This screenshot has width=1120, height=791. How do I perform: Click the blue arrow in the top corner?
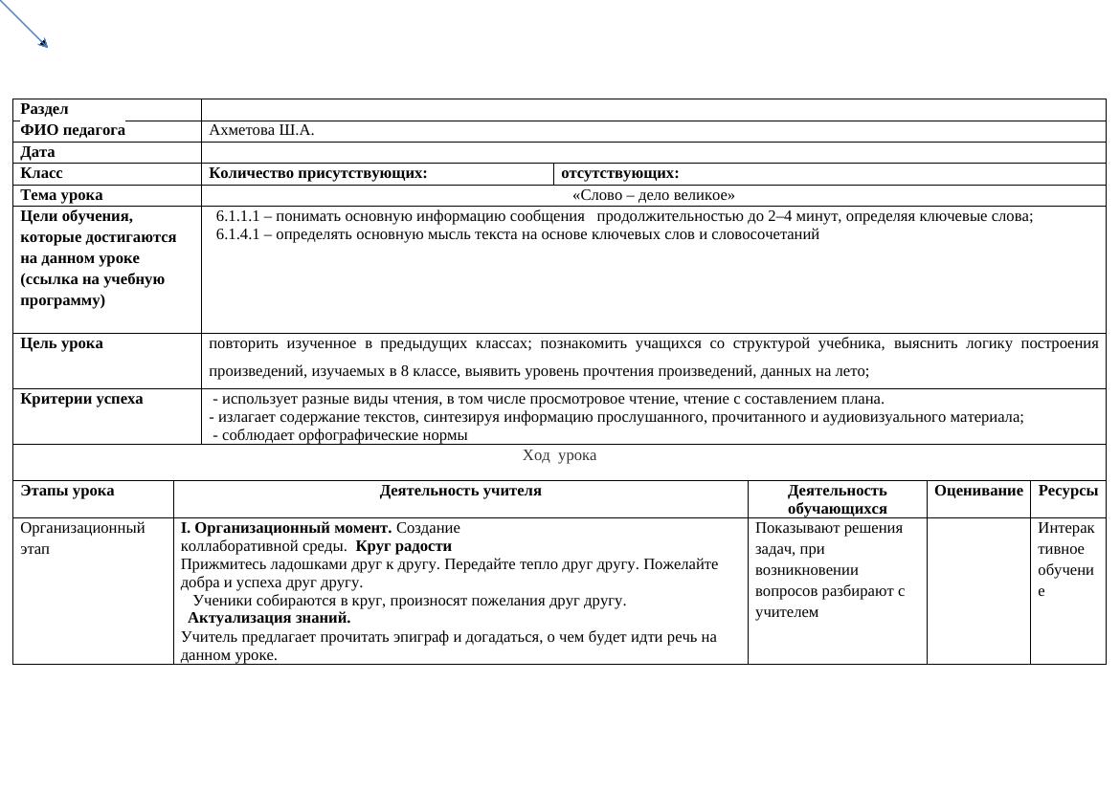click(24, 24)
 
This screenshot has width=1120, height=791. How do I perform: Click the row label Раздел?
click(44, 109)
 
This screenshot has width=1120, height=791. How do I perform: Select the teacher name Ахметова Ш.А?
click(261, 130)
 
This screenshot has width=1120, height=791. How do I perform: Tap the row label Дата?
click(37, 152)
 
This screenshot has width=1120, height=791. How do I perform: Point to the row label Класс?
click(41, 173)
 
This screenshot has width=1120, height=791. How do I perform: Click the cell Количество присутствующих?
click(318, 173)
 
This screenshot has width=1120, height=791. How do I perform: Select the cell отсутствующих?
click(620, 173)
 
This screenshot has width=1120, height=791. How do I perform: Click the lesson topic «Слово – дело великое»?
click(653, 195)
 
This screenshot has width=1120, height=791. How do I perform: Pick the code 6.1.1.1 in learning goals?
click(238, 216)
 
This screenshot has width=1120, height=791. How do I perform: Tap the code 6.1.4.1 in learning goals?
click(238, 234)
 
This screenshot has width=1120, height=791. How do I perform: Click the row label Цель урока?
click(61, 343)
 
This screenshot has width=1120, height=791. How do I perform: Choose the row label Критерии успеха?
click(81, 399)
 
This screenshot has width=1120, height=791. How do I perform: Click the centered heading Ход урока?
click(559, 455)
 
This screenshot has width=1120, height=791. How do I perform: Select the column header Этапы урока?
click(67, 491)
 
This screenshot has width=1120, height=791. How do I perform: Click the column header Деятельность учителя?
click(460, 491)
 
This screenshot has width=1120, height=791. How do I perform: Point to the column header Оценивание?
click(978, 491)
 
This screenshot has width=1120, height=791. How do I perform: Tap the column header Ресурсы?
click(1067, 491)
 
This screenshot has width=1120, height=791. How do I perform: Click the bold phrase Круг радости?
click(403, 546)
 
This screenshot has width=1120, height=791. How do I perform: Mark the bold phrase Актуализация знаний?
click(269, 618)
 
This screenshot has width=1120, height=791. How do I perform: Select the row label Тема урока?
click(61, 195)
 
